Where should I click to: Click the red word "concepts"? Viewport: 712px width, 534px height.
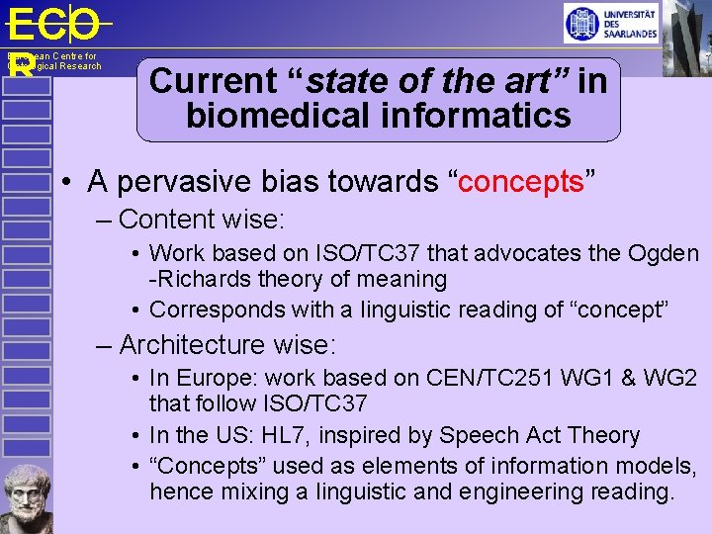(x=523, y=182)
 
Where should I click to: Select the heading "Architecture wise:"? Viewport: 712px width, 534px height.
(x=227, y=344)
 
